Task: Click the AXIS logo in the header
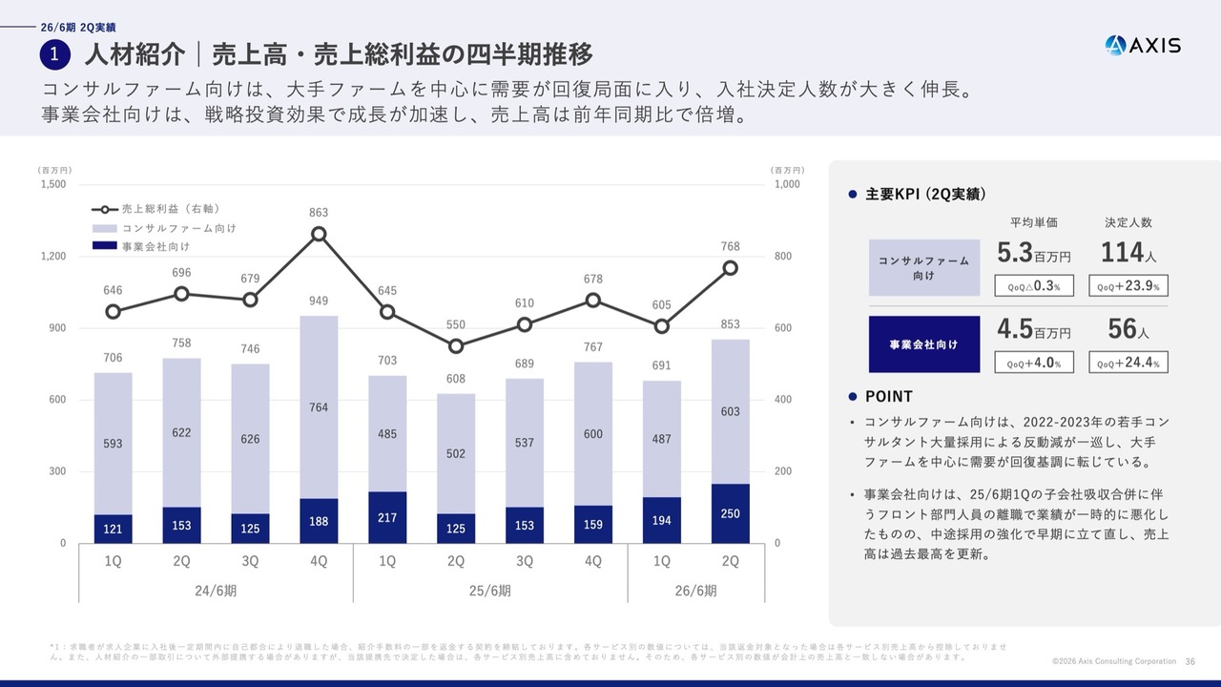1143,45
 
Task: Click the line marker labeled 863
320,234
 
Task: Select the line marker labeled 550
456,346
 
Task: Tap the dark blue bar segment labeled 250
730,513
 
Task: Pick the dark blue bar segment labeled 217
387,517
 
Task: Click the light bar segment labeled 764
319,407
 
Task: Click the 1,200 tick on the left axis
53,257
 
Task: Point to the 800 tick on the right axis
782,257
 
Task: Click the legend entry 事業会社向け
153,246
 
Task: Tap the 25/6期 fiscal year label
490,591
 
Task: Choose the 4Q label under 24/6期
319,562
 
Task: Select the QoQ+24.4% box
1128,363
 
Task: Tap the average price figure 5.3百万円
1033,253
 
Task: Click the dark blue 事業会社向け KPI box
923,343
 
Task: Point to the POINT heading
888,397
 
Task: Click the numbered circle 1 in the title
55,54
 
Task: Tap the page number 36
1190,661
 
